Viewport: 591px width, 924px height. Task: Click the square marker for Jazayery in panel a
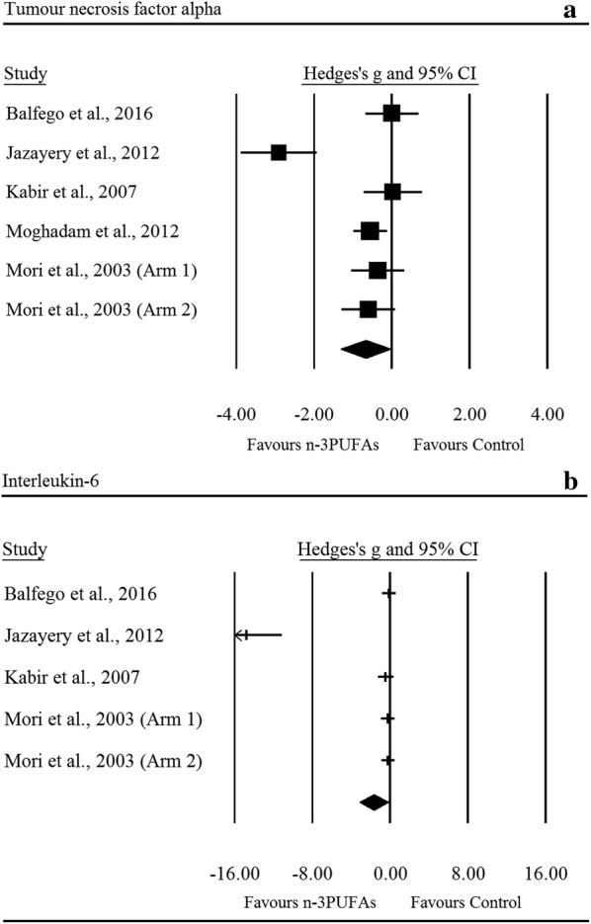279,152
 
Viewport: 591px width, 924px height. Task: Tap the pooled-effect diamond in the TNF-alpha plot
366,348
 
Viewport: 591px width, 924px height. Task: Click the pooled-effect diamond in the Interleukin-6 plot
375,802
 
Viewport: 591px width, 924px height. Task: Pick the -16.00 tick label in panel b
234,874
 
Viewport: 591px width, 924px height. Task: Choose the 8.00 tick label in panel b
468,874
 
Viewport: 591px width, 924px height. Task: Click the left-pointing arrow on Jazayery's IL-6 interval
239,634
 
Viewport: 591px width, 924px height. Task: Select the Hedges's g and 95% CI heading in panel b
388,549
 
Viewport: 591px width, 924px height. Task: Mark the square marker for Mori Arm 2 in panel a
368,309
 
